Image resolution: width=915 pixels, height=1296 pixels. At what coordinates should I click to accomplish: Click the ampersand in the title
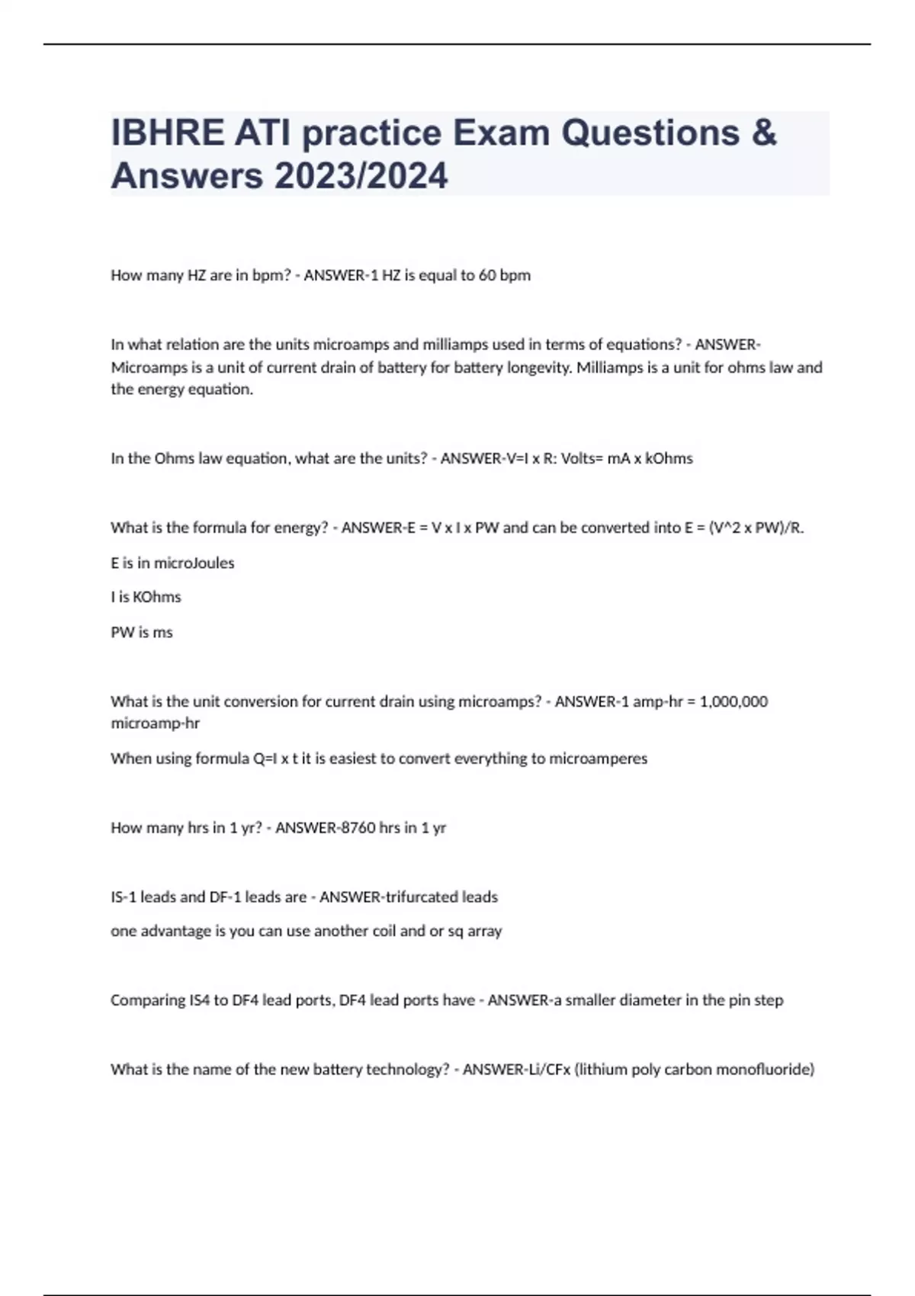tap(763, 133)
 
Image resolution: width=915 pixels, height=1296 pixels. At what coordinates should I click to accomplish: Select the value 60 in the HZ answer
tap(486, 275)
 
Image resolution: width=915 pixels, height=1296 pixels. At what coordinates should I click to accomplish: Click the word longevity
tap(538, 367)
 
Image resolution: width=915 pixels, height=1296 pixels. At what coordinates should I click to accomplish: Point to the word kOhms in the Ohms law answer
tap(669, 458)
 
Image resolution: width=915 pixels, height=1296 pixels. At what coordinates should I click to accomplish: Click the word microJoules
tap(194, 563)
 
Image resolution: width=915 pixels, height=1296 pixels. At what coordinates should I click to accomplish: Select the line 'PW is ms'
tap(142, 632)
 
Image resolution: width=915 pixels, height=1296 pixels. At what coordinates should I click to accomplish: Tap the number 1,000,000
tap(733, 701)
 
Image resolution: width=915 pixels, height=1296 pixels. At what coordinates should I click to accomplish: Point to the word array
tap(484, 931)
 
